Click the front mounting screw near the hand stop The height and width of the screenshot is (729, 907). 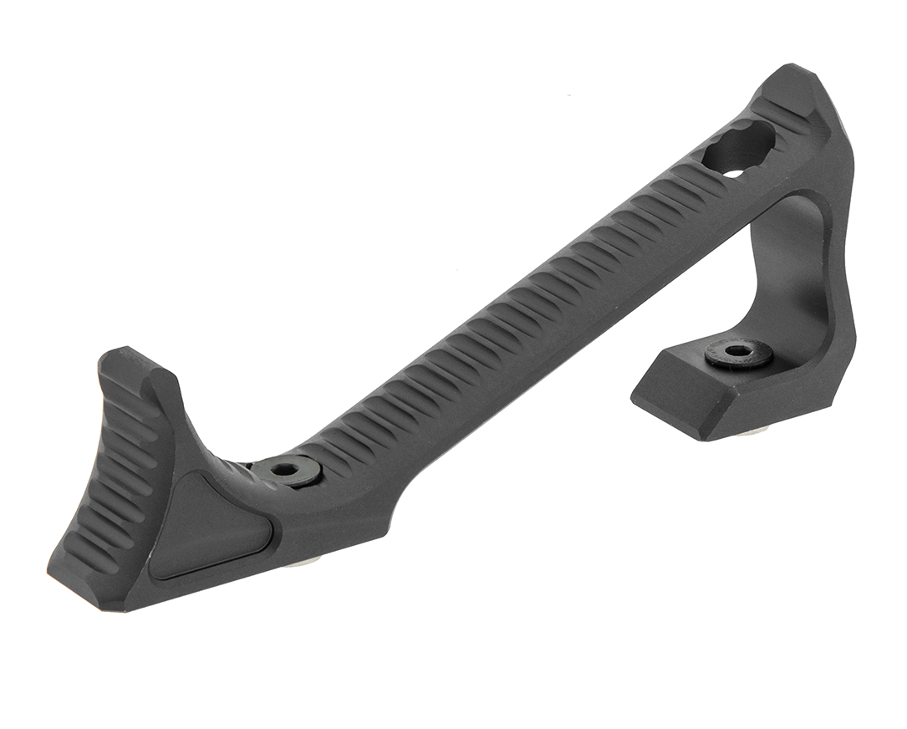pyautogui.click(x=289, y=472)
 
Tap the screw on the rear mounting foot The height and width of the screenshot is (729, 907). pyautogui.click(x=738, y=353)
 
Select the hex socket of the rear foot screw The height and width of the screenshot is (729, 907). pyautogui.click(x=738, y=350)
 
